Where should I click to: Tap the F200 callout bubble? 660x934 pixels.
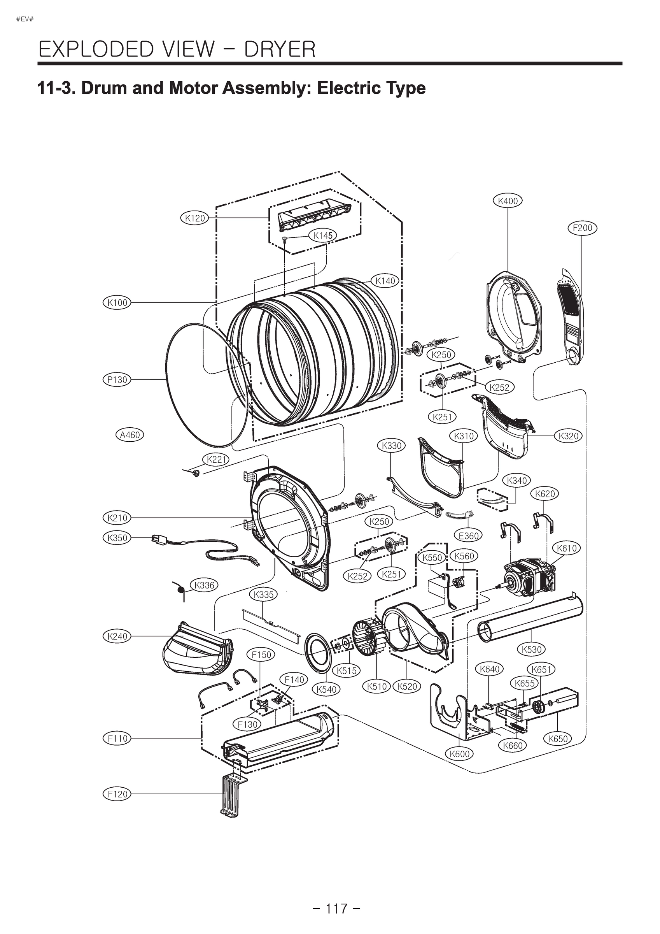coord(582,228)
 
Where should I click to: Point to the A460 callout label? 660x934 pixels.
coord(130,435)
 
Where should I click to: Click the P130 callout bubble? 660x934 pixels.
coord(117,379)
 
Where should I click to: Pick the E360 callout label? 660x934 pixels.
coord(469,536)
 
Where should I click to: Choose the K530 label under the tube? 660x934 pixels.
coord(532,649)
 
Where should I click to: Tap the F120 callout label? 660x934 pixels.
coord(117,794)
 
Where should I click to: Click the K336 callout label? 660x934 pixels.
coord(204,585)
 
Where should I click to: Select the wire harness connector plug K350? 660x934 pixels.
coord(156,539)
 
